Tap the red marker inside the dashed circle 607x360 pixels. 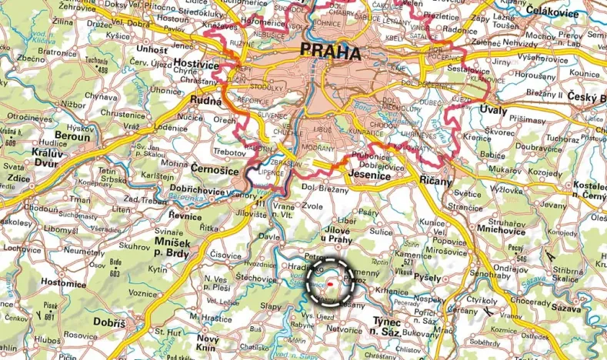tap(330, 282)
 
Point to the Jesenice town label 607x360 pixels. tap(369, 176)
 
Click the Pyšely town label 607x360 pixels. tap(428, 275)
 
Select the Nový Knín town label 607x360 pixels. tap(208, 342)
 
